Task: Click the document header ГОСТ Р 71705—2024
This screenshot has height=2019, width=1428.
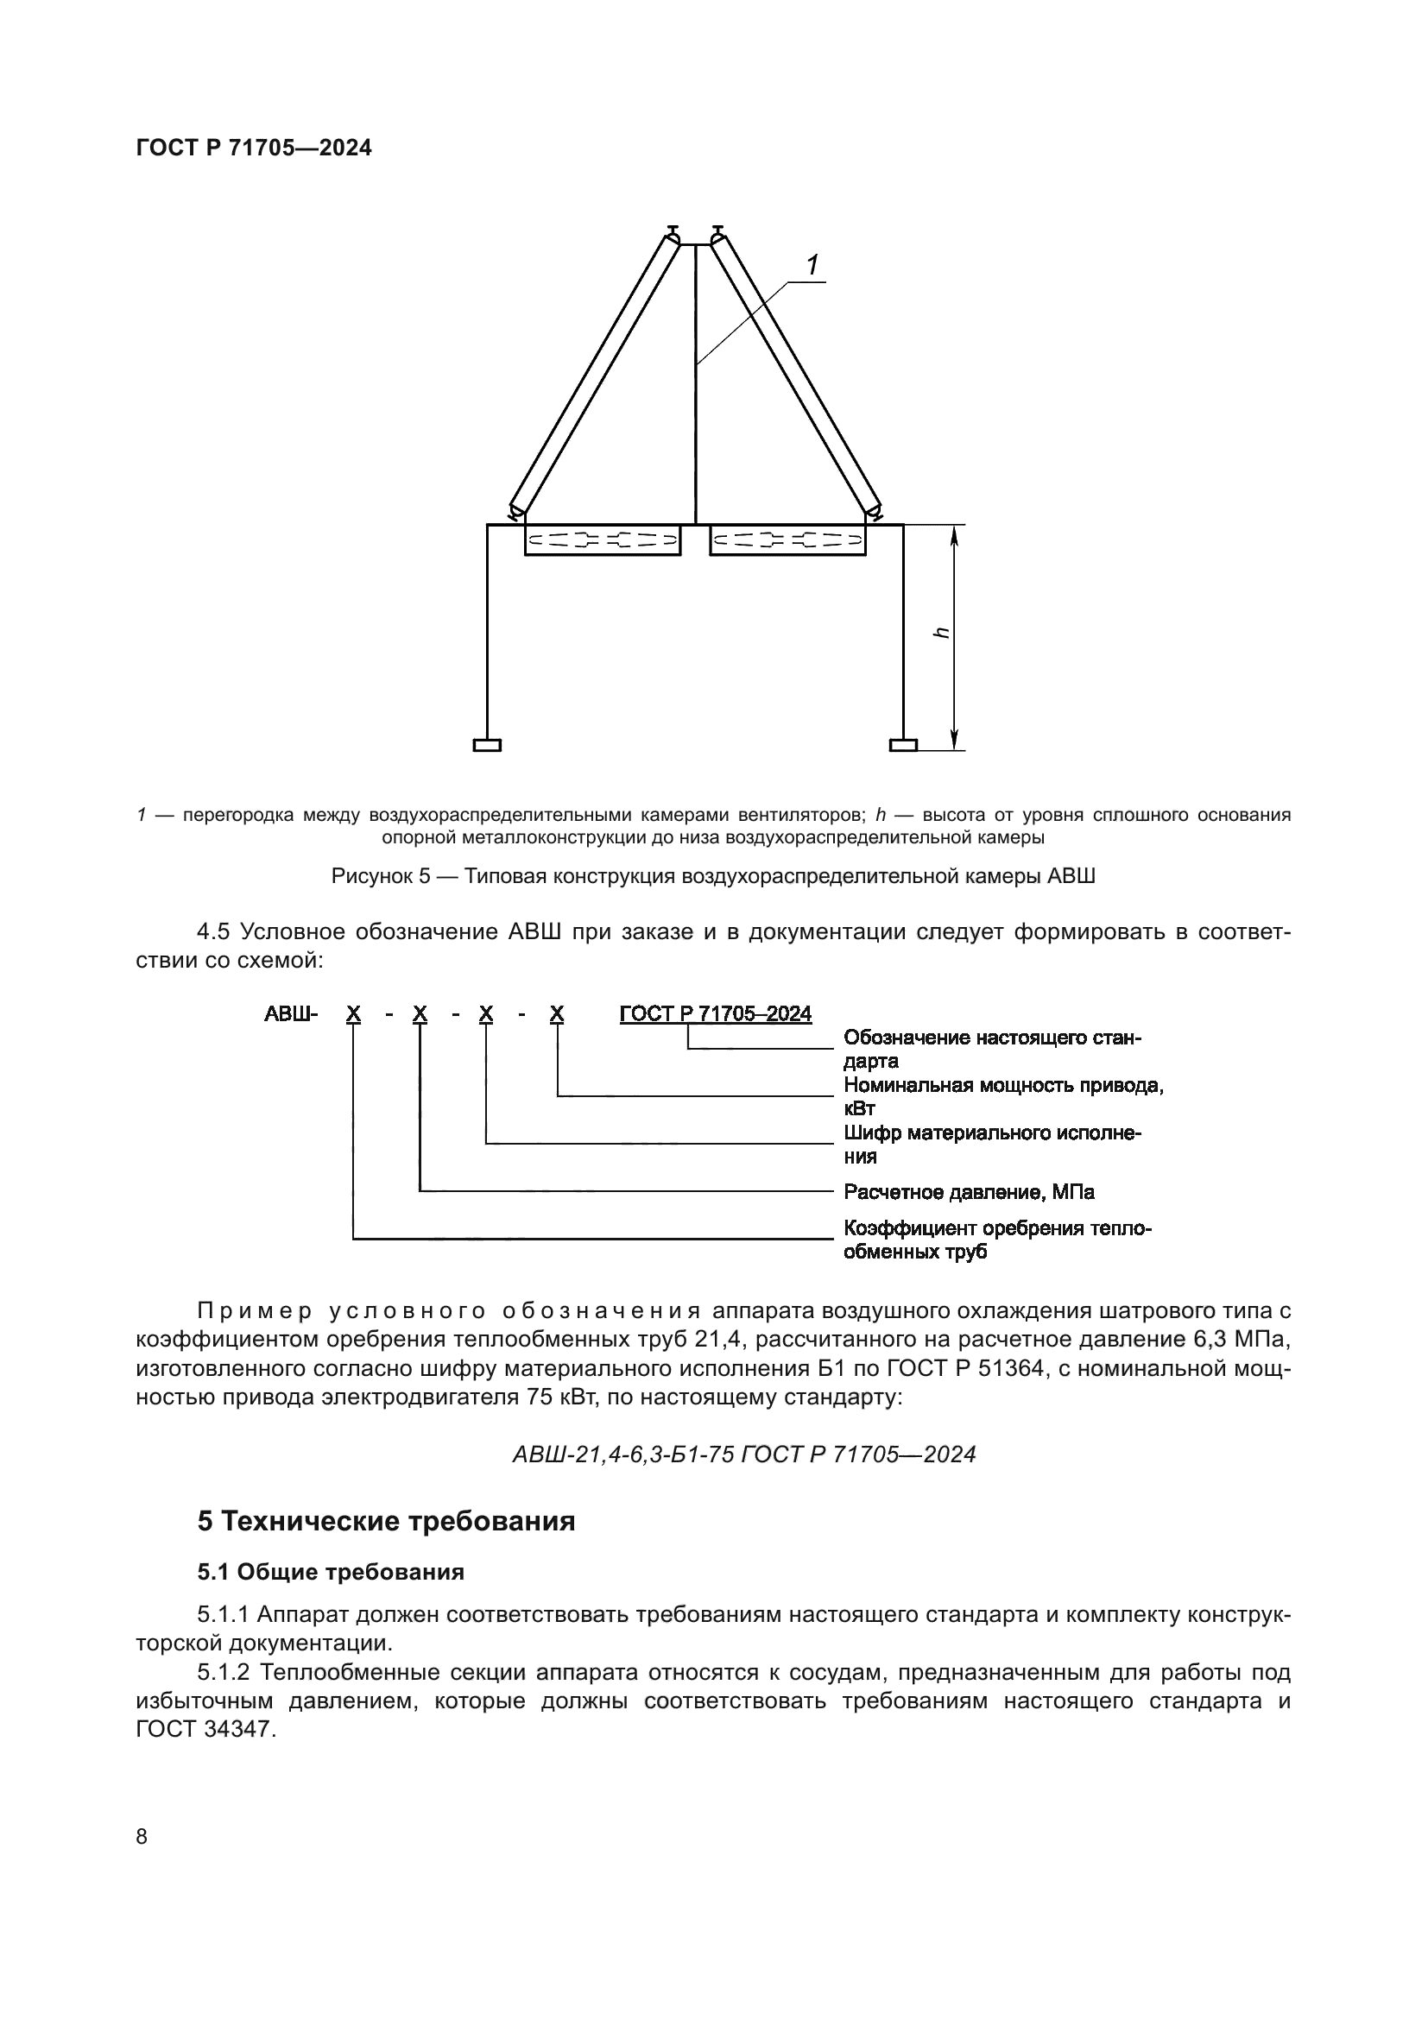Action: point(254,148)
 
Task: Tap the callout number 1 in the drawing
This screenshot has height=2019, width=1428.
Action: point(813,264)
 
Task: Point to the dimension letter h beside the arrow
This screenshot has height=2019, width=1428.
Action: point(942,633)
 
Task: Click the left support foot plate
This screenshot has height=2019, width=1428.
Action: point(486,746)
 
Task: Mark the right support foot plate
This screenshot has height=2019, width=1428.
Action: point(903,746)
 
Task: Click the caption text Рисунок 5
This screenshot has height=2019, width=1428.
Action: point(381,877)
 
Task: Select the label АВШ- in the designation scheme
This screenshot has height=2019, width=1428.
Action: point(290,1014)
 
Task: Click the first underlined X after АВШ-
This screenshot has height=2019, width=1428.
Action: point(352,1014)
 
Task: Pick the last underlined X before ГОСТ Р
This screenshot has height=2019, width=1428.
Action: point(557,1014)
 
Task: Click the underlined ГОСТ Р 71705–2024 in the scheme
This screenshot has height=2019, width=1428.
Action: point(715,1014)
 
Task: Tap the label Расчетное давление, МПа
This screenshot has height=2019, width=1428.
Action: point(968,1191)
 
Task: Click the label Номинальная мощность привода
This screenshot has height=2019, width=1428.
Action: point(1002,1085)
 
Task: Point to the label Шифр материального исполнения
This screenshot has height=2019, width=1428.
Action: point(991,1133)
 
